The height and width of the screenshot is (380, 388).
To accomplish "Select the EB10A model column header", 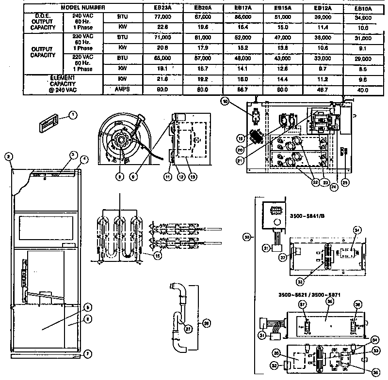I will click(x=363, y=9).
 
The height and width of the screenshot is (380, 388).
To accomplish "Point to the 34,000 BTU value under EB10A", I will click(x=363, y=17).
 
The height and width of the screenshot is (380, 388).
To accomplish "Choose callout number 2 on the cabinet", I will click(x=8, y=156).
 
